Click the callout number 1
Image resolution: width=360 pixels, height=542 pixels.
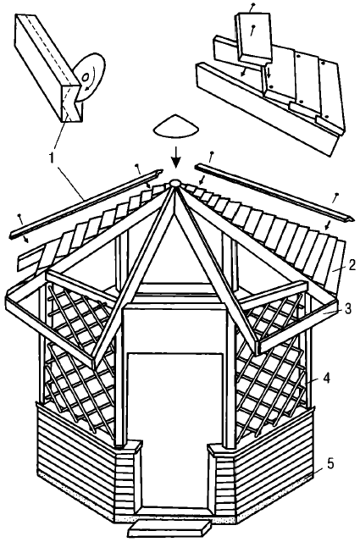point(52,158)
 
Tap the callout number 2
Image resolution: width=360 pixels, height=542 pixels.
point(350,265)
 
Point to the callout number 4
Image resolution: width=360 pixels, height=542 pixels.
point(325,378)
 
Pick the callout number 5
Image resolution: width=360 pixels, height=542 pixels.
point(330,464)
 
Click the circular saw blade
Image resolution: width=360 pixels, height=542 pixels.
point(88,77)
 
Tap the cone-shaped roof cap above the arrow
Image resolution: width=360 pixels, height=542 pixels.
point(176,127)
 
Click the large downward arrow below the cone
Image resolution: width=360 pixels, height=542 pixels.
point(176,158)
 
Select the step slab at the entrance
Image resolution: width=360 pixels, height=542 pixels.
point(169,528)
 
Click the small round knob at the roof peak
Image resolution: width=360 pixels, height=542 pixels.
point(174,183)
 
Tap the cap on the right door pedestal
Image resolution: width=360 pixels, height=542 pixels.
point(222,449)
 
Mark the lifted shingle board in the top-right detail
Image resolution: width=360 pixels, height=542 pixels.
point(254,38)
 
